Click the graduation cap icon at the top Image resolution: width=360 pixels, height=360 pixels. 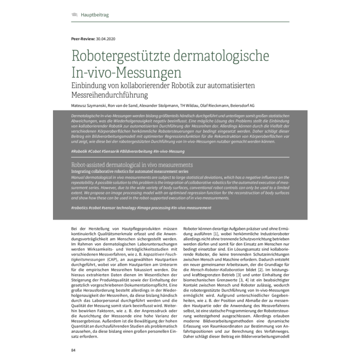click(x=75, y=15)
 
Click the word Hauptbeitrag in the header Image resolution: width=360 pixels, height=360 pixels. click(x=94, y=15)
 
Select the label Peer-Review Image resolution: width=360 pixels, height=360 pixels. click(x=83, y=39)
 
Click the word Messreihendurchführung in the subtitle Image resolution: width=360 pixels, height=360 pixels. click(x=110, y=95)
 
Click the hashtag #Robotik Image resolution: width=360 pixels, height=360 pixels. click(x=79, y=152)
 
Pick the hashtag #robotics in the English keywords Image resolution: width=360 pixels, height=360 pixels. click(x=81, y=207)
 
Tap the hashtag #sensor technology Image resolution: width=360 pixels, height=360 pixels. click(x=116, y=207)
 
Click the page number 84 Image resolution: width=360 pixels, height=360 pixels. click(x=74, y=351)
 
